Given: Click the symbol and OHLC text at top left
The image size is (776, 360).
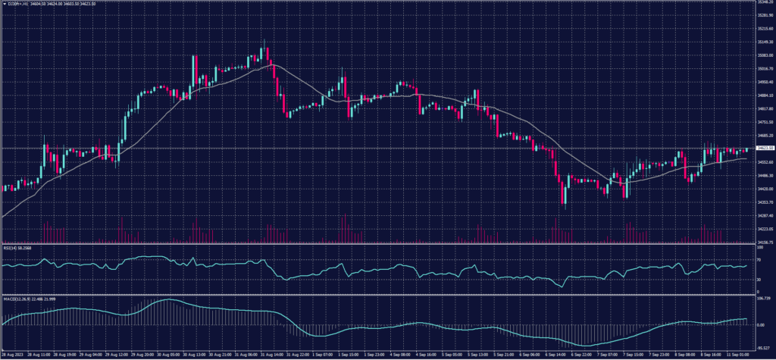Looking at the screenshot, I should pyautogui.click(x=45, y=5).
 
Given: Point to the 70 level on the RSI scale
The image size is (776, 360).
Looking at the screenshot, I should pyautogui.click(x=758, y=259).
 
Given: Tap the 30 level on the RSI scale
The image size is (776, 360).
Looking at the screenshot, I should pyautogui.click(x=758, y=280).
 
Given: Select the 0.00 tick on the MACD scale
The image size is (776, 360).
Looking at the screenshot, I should pyautogui.click(x=760, y=325).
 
